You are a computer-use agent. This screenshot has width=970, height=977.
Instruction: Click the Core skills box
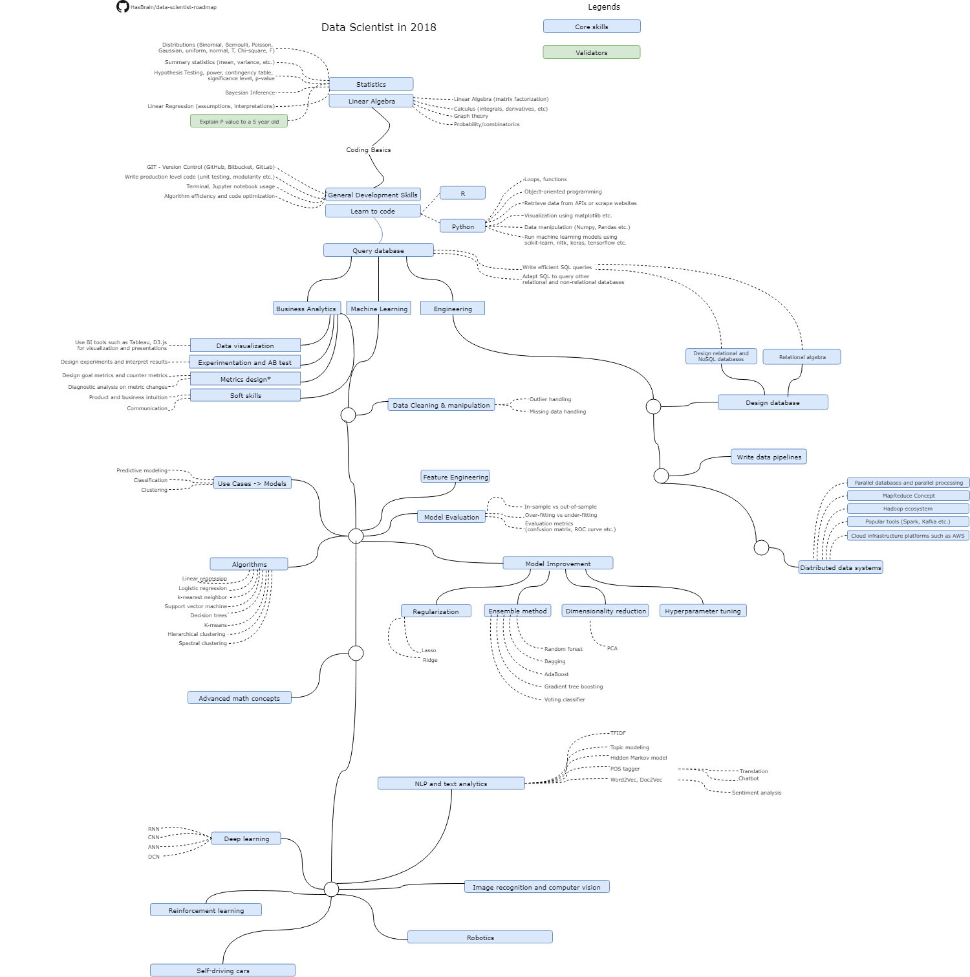592,27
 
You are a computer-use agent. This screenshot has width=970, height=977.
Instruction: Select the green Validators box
592,52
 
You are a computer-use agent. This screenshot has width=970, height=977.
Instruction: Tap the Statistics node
371,84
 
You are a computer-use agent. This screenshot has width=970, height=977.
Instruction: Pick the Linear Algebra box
371,101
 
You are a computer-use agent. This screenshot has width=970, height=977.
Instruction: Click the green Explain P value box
239,121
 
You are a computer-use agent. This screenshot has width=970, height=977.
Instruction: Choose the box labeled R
462,193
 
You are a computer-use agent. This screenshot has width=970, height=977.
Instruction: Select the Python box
462,226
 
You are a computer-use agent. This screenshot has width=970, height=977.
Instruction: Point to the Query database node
378,250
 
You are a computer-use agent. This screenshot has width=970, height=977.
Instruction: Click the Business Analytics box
307,309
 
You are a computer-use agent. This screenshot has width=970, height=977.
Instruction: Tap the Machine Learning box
379,309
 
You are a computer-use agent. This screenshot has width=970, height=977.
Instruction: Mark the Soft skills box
245,395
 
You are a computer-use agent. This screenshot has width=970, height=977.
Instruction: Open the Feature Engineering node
455,477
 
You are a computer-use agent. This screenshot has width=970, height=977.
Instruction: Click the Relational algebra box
802,357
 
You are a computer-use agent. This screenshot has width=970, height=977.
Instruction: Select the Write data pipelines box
769,457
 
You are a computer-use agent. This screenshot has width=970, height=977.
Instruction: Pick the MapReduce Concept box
908,496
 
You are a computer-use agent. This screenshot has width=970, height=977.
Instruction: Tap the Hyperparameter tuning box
703,611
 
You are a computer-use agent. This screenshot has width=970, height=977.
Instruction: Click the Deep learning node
246,839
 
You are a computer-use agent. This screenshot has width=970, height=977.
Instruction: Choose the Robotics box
480,938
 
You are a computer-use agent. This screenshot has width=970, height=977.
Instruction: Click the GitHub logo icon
123,6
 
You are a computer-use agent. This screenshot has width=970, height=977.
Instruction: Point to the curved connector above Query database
381,230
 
